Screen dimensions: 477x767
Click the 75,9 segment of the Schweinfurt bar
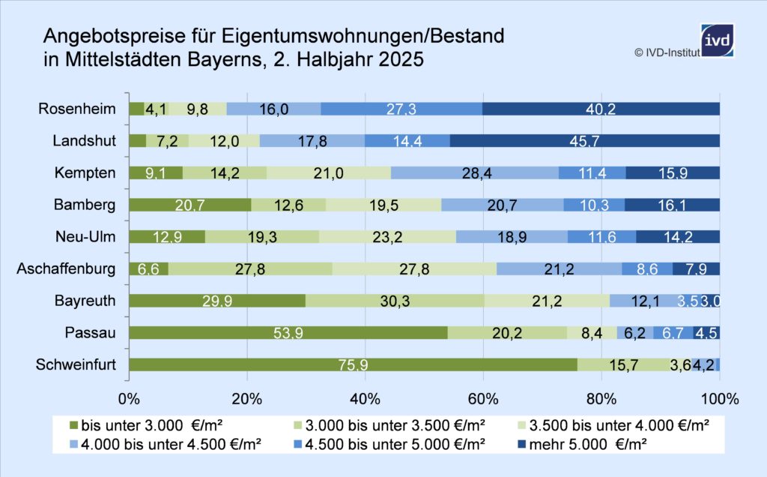tap(353, 365)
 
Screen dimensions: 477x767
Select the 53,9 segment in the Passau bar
tap(288, 333)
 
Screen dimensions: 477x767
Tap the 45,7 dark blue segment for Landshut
tap(584, 141)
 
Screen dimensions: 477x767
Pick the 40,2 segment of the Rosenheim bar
tap(601, 109)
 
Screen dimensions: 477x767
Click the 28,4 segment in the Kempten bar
tap(474, 173)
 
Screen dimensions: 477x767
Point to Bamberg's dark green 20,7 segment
tap(190, 205)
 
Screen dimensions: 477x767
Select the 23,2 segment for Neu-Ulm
tap(387, 237)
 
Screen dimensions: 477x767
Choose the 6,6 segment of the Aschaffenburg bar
tap(148, 269)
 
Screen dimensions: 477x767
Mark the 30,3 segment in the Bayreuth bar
tap(395, 301)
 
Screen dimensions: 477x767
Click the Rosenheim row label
tap(77, 109)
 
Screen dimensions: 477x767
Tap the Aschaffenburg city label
tap(66, 269)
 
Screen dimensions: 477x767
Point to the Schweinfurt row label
tap(76, 365)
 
